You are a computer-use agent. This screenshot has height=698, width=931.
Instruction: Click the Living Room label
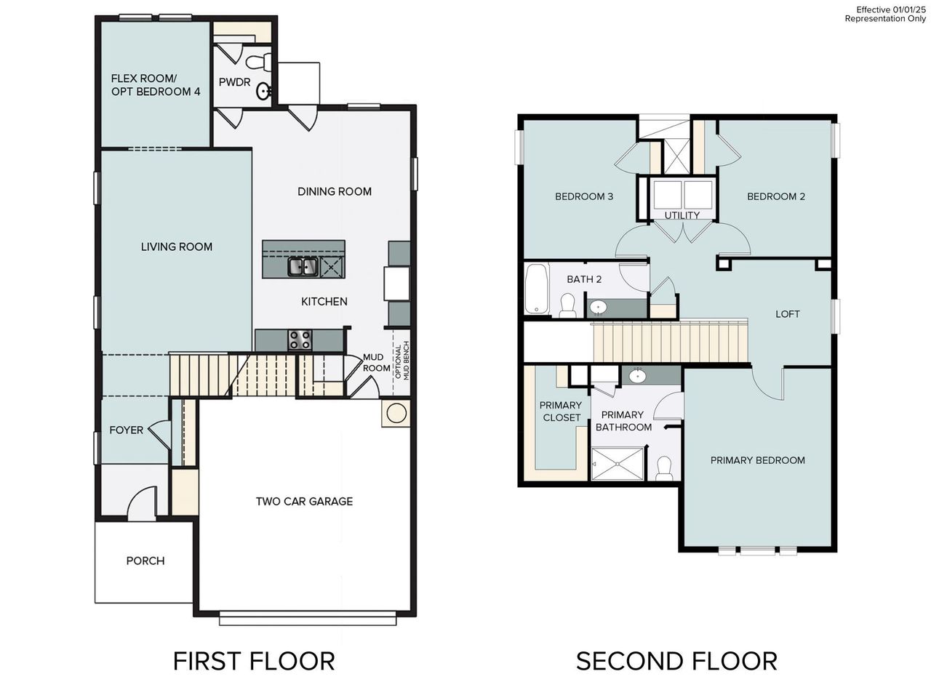pos(177,247)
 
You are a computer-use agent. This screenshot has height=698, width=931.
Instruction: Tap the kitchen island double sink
pos(303,268)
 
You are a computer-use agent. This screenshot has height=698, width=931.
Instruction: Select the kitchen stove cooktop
pos(300,340)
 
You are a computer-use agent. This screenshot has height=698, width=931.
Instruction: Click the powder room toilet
pos(260,61)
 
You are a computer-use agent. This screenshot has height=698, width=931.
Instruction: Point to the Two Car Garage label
pos(304,501)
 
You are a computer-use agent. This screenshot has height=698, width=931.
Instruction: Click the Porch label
pos(145,561)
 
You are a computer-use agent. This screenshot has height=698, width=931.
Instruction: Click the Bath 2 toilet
pos(568,305)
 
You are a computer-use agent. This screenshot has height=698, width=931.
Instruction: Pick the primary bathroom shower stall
pos(617,464)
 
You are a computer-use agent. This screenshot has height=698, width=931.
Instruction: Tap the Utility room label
pos(682,215)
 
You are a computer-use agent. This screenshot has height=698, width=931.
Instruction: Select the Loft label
pos(787,314)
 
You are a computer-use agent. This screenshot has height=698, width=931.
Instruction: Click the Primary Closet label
pos(561,412)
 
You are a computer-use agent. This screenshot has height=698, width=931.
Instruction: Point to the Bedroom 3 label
pos(584,196)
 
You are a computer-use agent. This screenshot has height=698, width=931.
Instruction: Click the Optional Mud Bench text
pos(401,361)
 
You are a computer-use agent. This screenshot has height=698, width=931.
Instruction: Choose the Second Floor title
pos(676,661)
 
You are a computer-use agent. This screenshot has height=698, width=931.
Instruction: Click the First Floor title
pos(254,661)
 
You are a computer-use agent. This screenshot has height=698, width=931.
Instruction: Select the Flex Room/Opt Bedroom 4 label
pos(156,85)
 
